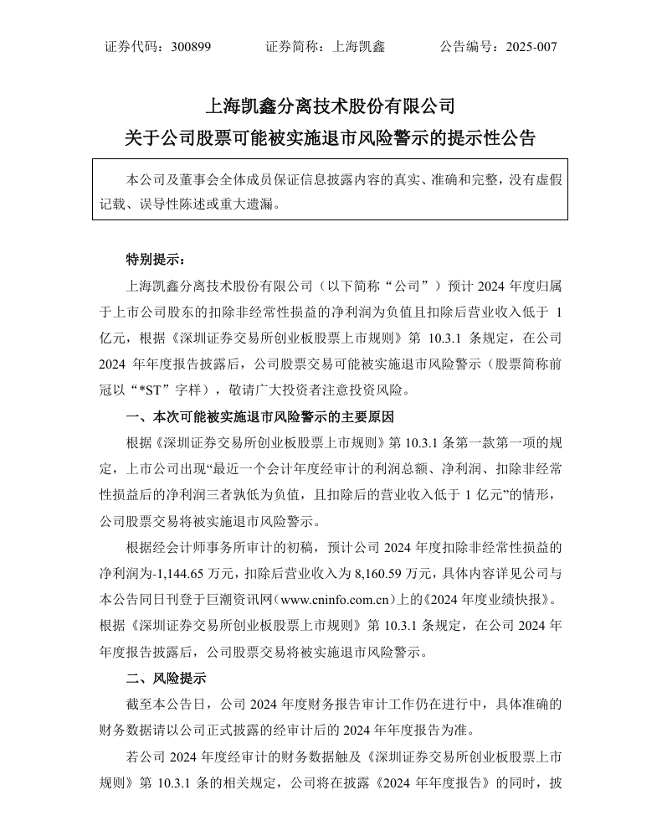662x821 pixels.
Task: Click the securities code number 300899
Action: click(x=190, y=47)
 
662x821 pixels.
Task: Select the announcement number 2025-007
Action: click(x=531, y=47)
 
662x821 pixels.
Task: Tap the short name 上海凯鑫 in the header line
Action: click(x=359, y=47)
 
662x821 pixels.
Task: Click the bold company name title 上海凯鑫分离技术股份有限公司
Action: click(x=331, y=106)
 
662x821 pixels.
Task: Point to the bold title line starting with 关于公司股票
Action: click(x=331, y=138)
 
